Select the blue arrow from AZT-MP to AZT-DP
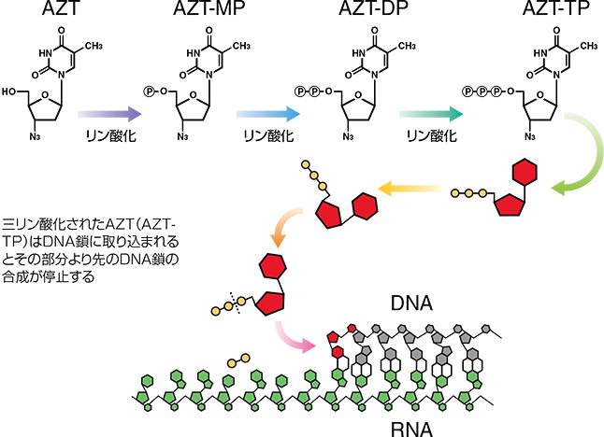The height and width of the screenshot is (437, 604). [x=269, y=113]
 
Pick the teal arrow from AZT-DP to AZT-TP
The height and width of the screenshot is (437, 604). [x=429, y=113]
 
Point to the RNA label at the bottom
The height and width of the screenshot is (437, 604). [x=410, y=423]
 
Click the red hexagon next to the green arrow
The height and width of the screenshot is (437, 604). [x=525, y=174]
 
